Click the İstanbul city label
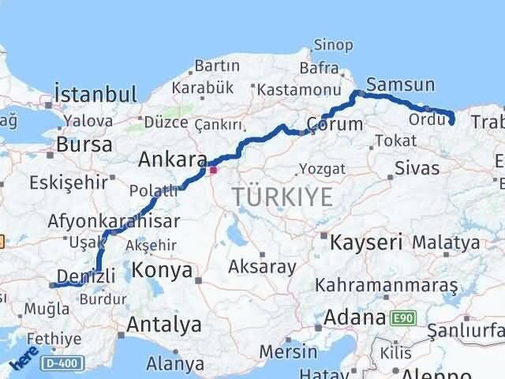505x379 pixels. tap(95, 95)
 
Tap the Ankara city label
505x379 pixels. tap(172, 159)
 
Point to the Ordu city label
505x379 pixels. tap(427, 119)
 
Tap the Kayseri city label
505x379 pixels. tap(367, 241)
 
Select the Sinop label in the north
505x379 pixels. tap(333, 45)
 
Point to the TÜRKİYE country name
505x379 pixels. tap(282, 197)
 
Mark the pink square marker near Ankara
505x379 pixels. tap(212, 168)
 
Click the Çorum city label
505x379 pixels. tap(334, 124)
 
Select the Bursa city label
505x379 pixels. tap(82, 145)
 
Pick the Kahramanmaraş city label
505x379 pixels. tap(386, 283)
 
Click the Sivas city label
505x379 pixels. tap(416, 168)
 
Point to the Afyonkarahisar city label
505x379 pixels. tap(114, 221)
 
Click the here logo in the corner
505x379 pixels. tap(24, 359)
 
